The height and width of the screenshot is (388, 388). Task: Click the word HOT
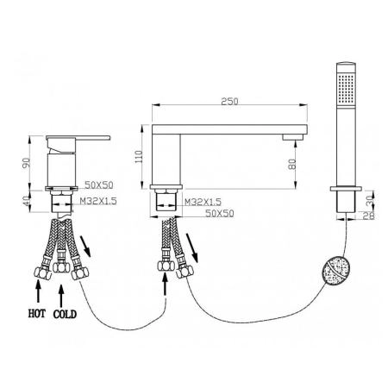tap(37, 313)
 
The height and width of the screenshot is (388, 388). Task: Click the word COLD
tap(65, 314)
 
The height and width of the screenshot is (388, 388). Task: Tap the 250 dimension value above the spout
tap(229, 102)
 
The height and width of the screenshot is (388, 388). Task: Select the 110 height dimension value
tap(139, 157)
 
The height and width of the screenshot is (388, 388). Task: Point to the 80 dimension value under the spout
tap(292, 165)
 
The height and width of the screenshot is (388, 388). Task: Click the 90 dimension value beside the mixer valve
tap(27, 163)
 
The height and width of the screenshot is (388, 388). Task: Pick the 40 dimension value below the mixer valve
tap(27, 201)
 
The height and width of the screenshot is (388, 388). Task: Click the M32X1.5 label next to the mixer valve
tap(98, 201)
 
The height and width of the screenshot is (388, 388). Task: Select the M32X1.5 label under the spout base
tap(203, 202)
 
